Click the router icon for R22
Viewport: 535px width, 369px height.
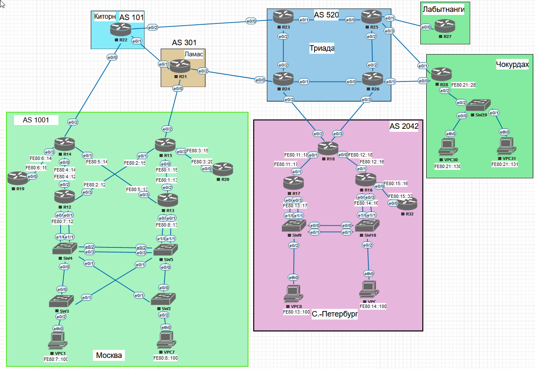pyautogui.click(x=121, y=30)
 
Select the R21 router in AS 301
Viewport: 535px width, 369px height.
pyautogui.click(x=180, y=66)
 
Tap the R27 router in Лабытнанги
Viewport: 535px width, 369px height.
pyautogui.click(x=445, y=27)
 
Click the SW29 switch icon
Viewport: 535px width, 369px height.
pyautogui.click(x=477, y=105)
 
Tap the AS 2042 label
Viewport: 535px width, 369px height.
pyautogui.click(x=404, y=126)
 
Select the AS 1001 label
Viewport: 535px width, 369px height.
pyautogui.click(x=36, y=120)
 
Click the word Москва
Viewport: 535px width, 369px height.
pyautogui.click(x=109, y=355)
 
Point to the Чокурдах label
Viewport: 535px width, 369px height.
pyautogui.click(x=512, y=65)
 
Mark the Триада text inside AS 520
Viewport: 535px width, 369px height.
pyautogui.click(x=321, y=48)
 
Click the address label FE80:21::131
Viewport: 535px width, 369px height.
pyautogui.click(x=504, y=164)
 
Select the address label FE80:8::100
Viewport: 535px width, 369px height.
pyautogui.click(x=165, y=358)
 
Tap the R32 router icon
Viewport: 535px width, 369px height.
pyautogui.click(x=407, y=204)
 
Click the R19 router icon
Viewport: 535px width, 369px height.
pyautogui.click(x=17, y=178)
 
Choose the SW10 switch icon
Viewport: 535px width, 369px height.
pyautogui.click(x=367, y=226)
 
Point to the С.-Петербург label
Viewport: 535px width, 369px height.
pyautogui.click(x=334, y=315)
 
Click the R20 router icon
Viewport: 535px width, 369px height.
pyautogui.click(x=223, y=169)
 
